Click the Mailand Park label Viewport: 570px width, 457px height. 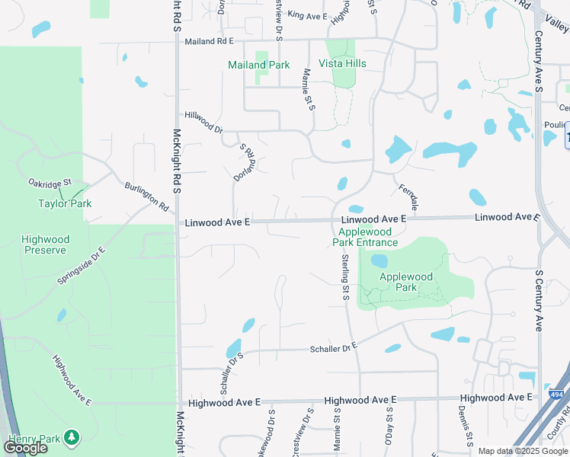tap(258, 65)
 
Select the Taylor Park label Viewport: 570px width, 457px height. tap(65, 203)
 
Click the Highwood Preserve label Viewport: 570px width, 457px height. tap(46, 244)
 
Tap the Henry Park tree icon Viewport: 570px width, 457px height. tap(72, 437)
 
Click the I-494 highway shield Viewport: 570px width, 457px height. tap(557, 394)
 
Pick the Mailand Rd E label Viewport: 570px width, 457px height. tap(209, 41)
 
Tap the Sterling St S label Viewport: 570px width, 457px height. tap(345, 276)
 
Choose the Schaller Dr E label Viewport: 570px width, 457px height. tap(333, 348)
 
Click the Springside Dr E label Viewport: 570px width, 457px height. tap(80, 266)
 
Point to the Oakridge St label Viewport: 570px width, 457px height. tap(50, 183)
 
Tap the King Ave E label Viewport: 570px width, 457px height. tap(307, 15)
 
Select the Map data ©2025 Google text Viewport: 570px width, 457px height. tap(523, 451)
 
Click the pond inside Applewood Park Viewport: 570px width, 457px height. tap(379, 261)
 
